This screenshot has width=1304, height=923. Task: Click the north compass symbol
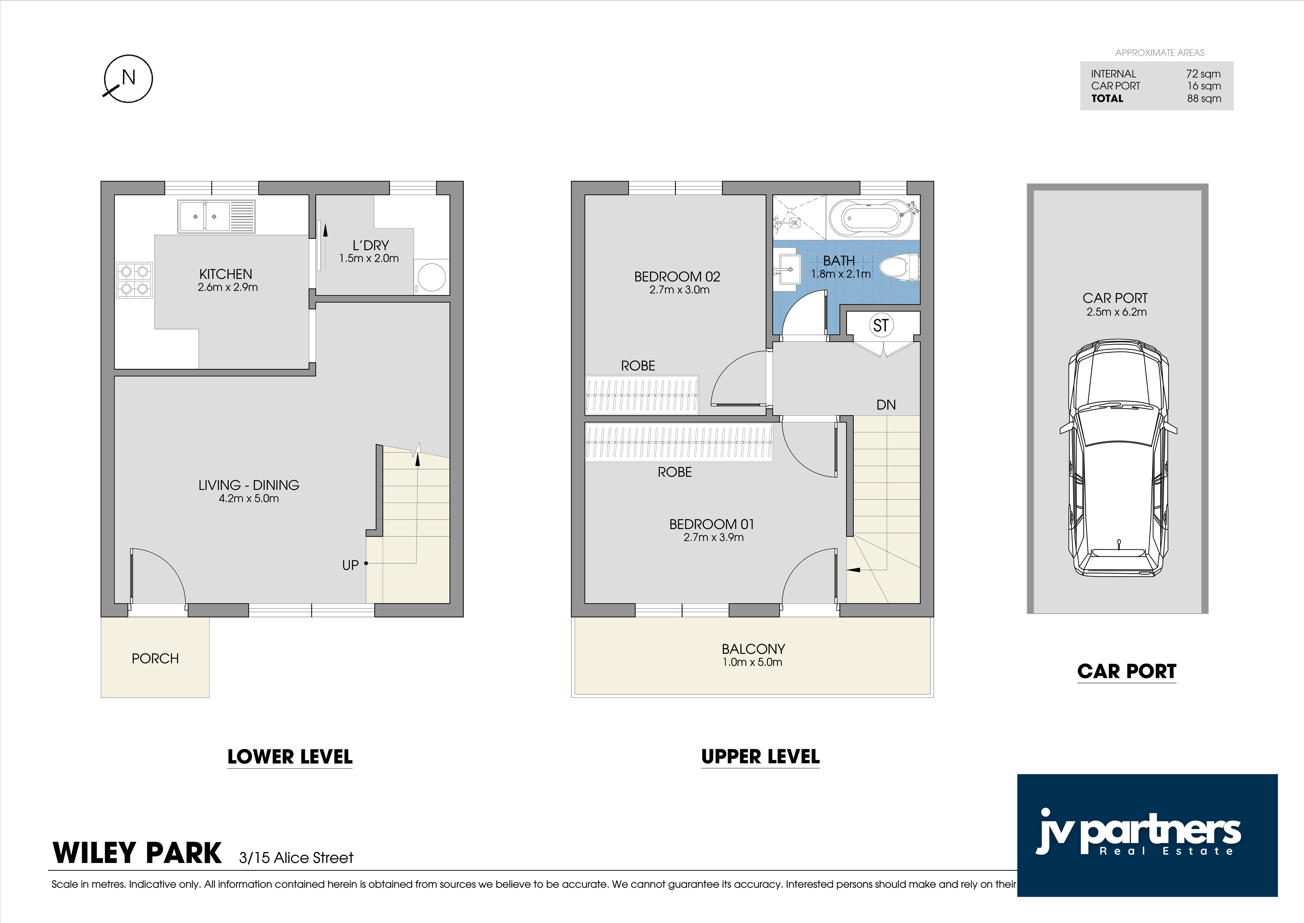pyautogui.click(x=128, y=78)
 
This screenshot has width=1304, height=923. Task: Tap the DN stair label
pyautogui.click(x=886, y=405)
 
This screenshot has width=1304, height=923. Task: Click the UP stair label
pyautogui.click(x=350, y=565)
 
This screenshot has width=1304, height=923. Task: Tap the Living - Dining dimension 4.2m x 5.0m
pyautogui.click(x=249, y=498)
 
